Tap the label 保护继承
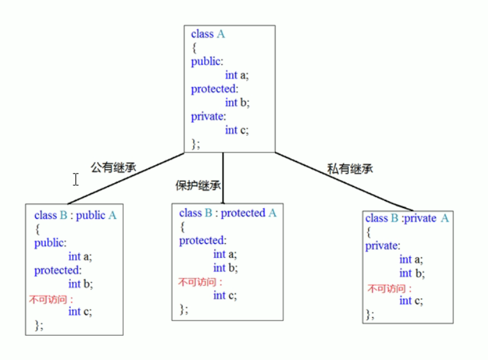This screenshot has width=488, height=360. (x=198, y=186)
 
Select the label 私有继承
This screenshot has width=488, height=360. (x=350, y=169)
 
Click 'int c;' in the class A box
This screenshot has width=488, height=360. (x=237, y=130)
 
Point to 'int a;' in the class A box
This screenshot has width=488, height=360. (x=237, y=75)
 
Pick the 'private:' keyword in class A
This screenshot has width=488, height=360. (x=209, y=116)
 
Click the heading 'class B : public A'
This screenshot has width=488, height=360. (x=75, y=215)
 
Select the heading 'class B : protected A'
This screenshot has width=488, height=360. (x=228, y=213)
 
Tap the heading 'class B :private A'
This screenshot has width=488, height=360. (x=407, y=218)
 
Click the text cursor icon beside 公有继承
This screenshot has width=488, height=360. (x=75, y=179)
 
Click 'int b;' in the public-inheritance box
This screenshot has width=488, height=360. (x=80, y=284)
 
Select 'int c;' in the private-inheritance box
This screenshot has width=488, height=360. (x=411, y=301)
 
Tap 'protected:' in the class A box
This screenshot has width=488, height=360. (x=214, y=89)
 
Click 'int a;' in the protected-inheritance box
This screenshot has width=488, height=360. (x=225, y=255)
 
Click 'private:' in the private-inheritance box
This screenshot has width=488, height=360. (x=382, y=246)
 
